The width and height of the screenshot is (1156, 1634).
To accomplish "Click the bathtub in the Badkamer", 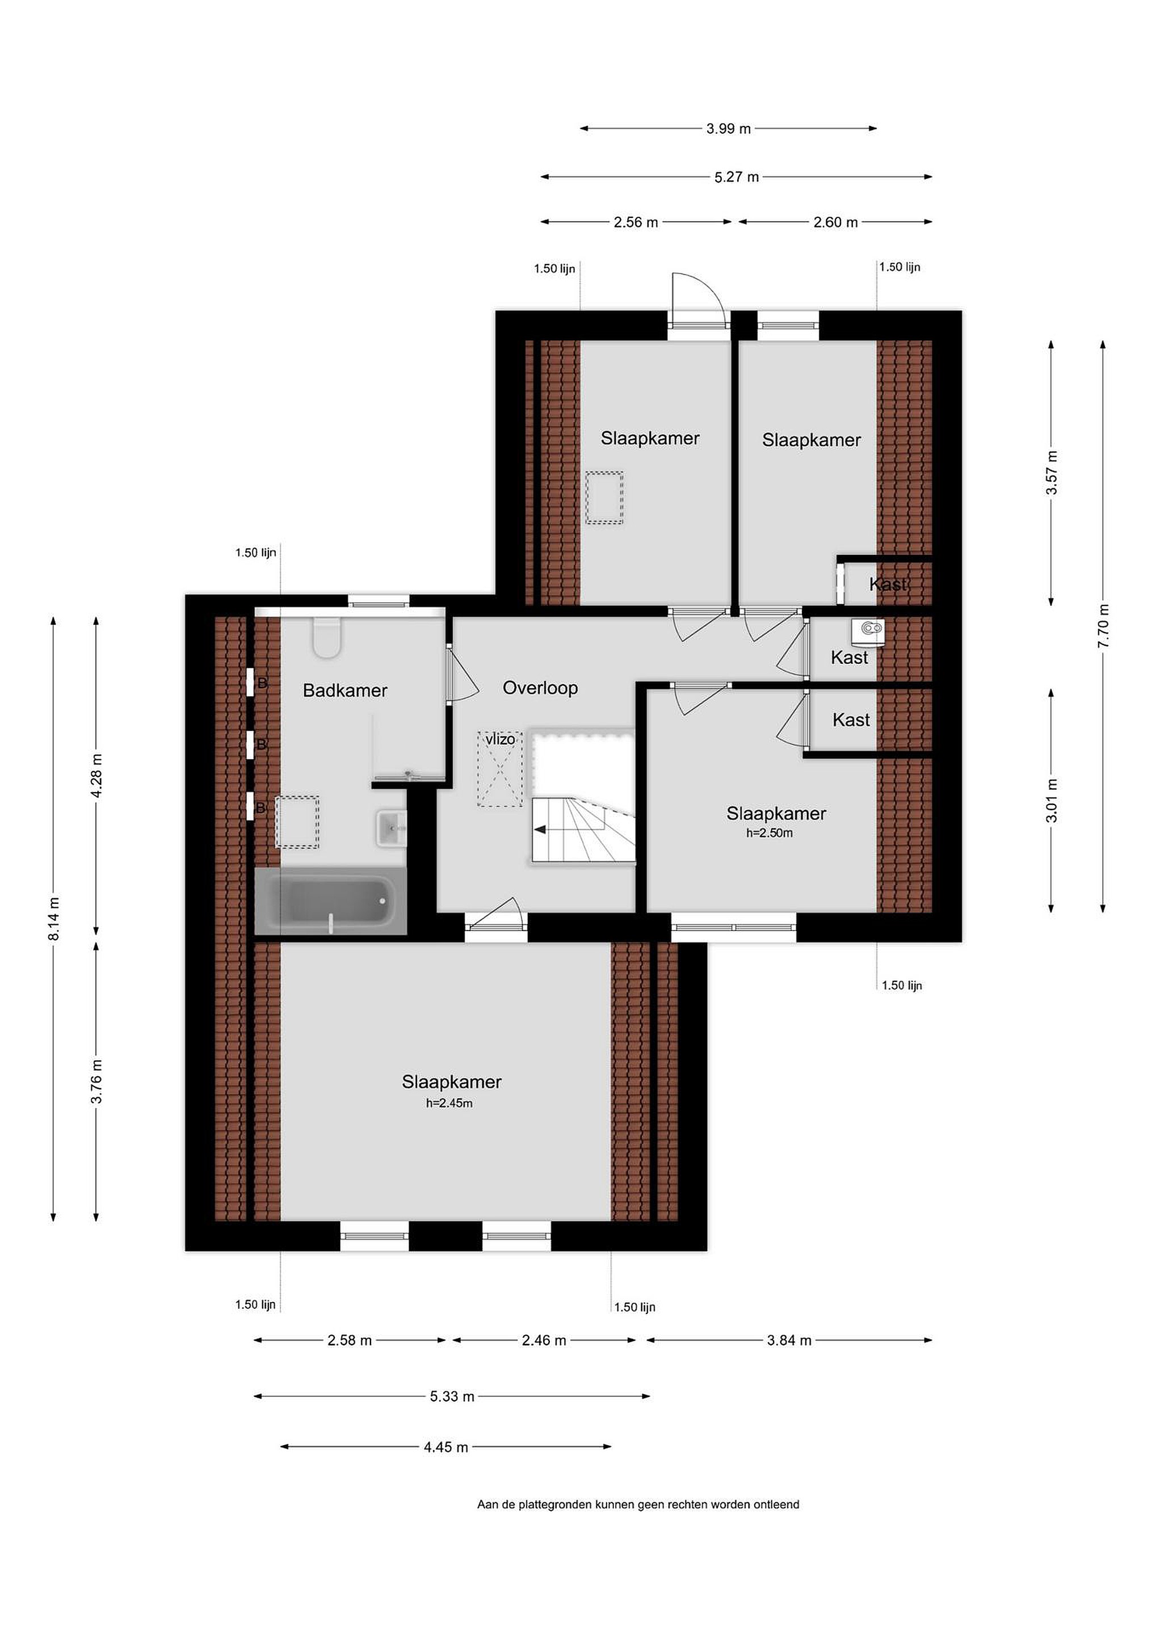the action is pyautogui.click(x=330, y=901).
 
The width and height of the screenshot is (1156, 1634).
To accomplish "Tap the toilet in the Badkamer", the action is pyautogui.click(x=327, y=638).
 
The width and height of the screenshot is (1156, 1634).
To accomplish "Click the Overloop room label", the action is pyautogui.click(x=540, y=688).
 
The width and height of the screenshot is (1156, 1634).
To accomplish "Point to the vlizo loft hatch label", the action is pyautogui.click(x=501, y=739).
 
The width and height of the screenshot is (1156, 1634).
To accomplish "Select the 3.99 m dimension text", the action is pyautogui.click(x=728, y=129).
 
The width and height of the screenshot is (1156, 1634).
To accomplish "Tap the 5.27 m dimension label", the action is pyautogui.click(x=737, y=177).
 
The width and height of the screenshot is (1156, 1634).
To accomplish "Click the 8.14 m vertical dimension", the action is pyautogui.click(x=54, y=918).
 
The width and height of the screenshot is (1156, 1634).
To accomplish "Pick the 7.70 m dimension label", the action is pyautogui.click(x=1103, y=626).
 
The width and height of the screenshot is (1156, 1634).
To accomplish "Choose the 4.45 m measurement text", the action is pyautogui.click(x=446, y=1447).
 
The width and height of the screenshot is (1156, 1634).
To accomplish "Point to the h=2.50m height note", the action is pyautogui.click(x=770, y=833).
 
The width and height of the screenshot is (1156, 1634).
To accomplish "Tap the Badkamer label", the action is pyautogui.click(x=345, y=690).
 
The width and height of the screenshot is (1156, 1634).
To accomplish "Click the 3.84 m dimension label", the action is pyautogui.click(x=789, y=1341).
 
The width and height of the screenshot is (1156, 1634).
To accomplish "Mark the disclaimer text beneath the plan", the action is pyautogui.click(x=638, y=1505).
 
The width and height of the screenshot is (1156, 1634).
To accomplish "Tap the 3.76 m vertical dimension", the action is pyautogui.click(x=98, y=1082).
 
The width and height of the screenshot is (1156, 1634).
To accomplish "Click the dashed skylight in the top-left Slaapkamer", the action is pyautogui.click(x=604, y=498).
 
